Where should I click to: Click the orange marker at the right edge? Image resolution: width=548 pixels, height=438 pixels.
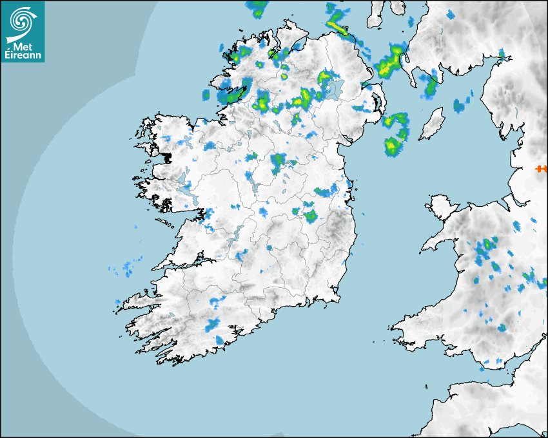(x=541, y=169)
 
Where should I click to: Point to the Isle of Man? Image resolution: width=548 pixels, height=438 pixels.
(x=432, y=124)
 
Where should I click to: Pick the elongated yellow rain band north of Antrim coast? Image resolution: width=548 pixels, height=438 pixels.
(x=338, y=28)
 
